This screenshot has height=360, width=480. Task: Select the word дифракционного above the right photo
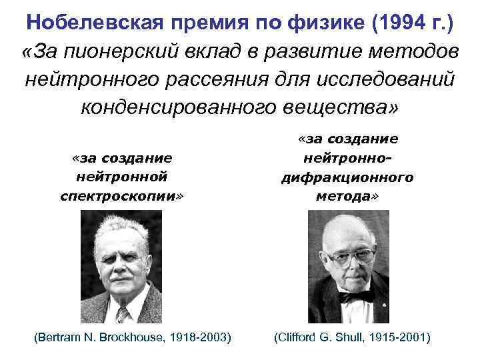click(347, 177)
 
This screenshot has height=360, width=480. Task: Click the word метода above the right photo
click(346, 197)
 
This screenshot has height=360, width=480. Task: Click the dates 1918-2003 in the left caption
click(199, 338)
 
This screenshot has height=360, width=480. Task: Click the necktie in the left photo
click(122, 313)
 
